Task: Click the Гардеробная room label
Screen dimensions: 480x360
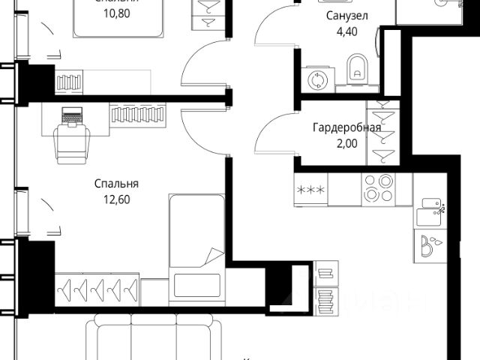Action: tap(346, 127)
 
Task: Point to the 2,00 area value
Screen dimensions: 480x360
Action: tap(346, 142)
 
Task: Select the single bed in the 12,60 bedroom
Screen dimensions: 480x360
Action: tap(196, 247)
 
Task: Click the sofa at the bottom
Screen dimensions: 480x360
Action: tap(154, 341)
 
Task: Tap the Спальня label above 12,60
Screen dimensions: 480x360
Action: tap(117, 184)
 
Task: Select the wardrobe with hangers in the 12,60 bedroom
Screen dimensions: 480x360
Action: tap(98, 287)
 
